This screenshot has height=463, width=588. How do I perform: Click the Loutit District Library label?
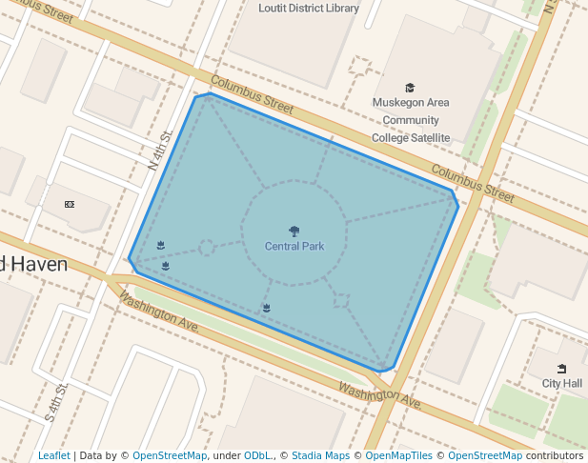click(309, 9)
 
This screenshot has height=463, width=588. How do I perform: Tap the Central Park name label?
click(294, 247)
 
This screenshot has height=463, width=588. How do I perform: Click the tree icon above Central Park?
click(294, 231)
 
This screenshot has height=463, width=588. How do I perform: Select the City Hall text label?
click(561, 383)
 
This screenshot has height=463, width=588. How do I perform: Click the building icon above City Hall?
click(561, 369)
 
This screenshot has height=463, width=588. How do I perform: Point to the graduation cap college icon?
click(410, 88)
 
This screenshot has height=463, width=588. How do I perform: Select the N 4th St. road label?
click(160, 150)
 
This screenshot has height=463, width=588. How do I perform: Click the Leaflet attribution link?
click(54, 455)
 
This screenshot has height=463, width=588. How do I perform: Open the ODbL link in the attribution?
click(257, 455)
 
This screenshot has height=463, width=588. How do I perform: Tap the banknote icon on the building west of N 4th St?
click(70, 204)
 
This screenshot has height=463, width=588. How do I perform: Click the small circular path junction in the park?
click(206, 248)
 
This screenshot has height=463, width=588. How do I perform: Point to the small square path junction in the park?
click(341, 301)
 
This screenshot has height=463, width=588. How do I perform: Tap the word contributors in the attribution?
click(554, 455)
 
